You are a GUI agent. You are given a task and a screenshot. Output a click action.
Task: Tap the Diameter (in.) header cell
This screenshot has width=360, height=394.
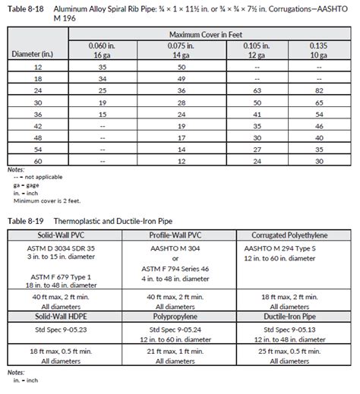pyautogui.click(x=28, y=53)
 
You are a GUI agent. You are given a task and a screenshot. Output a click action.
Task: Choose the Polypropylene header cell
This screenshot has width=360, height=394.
pyautogui.click(x=175, y=313)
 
